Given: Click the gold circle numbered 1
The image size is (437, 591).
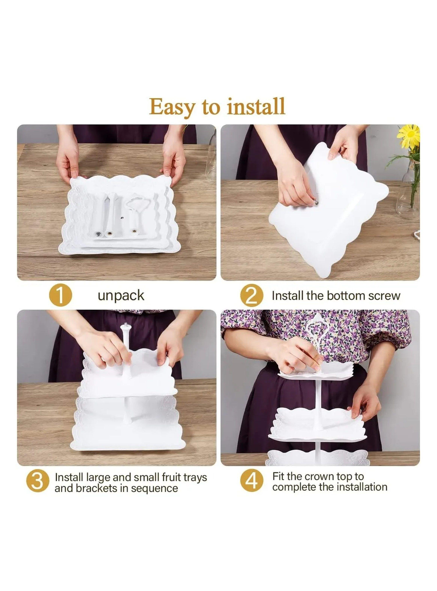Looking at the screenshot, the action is tap(60, 295).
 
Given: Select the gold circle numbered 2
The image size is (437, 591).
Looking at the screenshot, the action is tap(252, 295).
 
